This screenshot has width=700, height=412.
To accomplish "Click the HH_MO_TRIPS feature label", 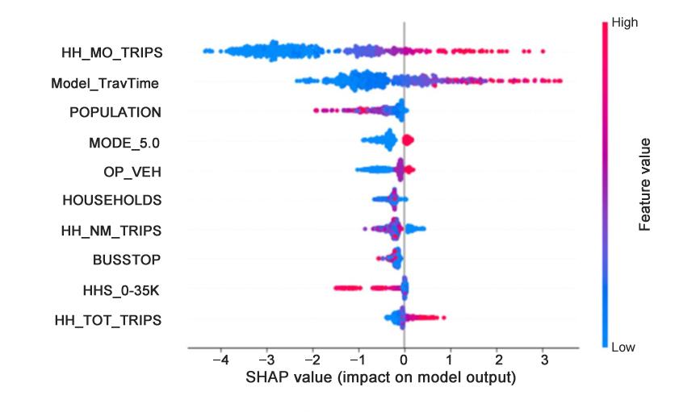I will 111,53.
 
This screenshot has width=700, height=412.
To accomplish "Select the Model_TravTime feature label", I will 105,82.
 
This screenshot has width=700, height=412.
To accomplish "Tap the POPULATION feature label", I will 115,111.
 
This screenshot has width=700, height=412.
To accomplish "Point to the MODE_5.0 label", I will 125,142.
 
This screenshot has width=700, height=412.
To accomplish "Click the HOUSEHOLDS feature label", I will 112,200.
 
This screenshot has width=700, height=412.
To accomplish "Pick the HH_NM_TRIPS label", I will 111,231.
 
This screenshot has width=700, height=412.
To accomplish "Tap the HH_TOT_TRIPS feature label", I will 110,319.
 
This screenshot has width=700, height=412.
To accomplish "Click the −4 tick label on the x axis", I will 217,359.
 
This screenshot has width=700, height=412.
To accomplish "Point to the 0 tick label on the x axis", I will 404,359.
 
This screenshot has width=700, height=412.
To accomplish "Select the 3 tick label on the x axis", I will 543,359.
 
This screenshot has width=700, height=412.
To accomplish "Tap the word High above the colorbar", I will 625,22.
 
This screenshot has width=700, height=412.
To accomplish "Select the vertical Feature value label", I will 645,184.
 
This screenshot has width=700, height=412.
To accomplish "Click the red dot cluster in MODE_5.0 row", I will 408,141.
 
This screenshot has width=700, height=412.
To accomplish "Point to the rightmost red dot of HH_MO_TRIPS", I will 543,52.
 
